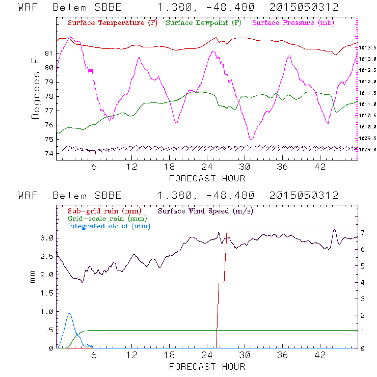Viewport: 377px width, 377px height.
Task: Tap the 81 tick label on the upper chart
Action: tap(49, 53)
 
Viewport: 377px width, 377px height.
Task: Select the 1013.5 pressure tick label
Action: tap(367, 48)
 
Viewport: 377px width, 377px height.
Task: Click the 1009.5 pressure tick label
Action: tap(367, 138)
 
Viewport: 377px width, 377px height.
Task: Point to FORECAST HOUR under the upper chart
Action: tap(207, 178)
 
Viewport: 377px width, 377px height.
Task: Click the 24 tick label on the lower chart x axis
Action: tap(207, 355)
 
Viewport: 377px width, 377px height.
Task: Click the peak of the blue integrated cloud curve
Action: tap(69, 314)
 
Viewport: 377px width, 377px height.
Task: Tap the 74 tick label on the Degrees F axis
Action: tap(49, 153)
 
